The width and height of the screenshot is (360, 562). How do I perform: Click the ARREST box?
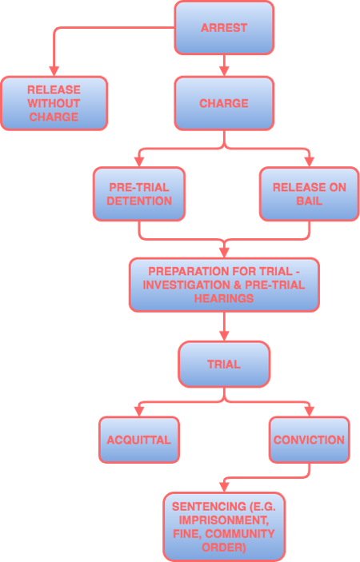(224, 28)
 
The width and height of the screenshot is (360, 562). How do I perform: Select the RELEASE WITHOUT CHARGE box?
(54, 103)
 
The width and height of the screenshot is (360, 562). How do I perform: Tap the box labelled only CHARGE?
(224, 103)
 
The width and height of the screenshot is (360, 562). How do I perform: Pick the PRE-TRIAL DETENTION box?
(139, 194)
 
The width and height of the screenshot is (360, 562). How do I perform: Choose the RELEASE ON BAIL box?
(309, 194)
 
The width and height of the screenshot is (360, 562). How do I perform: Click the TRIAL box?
(224, 365)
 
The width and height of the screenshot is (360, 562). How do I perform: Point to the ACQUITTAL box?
(139, 440)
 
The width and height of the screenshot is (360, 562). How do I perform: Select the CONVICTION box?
(309, 440)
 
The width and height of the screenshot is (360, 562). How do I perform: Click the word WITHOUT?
(54, 103)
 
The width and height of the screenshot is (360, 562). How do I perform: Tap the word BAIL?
(309, 201)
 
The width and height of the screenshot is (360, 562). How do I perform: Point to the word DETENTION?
(139, 201)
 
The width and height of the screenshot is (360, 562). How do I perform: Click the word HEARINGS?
(224, 298)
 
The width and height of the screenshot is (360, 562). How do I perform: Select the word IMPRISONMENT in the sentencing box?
(224, 520)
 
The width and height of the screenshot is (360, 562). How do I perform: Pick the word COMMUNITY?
(240, 534)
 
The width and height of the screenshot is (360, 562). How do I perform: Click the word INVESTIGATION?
(186, 285)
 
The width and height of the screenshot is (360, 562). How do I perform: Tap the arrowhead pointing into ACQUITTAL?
(139, 412)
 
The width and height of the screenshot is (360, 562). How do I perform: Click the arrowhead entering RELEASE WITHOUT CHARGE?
(54, 71)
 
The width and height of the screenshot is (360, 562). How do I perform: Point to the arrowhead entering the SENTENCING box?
(224, 487)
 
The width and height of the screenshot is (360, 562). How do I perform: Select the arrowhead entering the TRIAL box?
(224, 336)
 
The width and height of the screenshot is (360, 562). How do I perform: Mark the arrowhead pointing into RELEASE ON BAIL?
(309, 161)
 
